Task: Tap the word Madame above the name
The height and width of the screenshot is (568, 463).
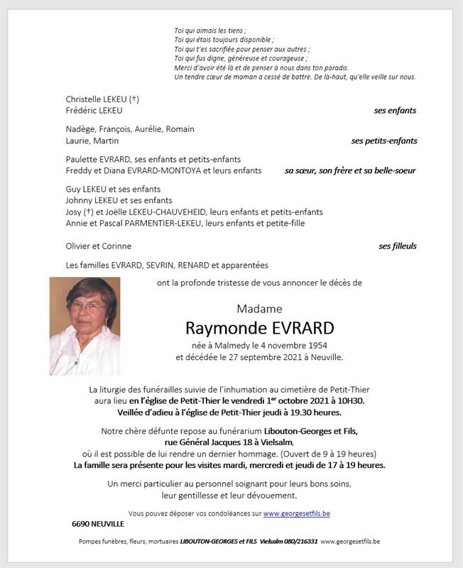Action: pos(259,309)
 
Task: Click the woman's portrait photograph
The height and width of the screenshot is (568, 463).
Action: pos(85,326)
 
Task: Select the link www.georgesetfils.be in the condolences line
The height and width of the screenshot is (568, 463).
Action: pos(296,513)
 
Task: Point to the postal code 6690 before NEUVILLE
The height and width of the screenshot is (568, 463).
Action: pos(81,523)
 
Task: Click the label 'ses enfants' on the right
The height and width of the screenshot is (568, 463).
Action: pos(395,111)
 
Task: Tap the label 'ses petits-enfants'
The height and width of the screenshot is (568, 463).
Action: pos(383,141)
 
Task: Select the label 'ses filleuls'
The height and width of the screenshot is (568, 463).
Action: pos(397,246)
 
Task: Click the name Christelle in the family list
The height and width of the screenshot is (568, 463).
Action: pos(84,99)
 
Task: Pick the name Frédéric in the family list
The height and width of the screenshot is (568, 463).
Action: pos(82,111)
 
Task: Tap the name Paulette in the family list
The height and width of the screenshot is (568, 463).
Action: pos(82,159)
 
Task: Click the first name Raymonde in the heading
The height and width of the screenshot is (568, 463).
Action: pos(215,328)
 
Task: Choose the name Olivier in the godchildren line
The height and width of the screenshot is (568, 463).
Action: pos(80,246)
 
